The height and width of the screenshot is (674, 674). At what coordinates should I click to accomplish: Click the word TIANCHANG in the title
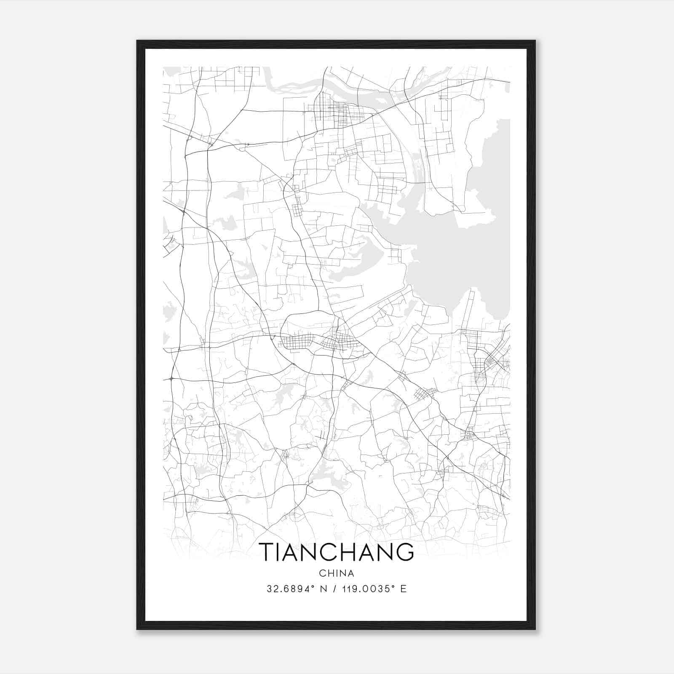(x=337, y=552)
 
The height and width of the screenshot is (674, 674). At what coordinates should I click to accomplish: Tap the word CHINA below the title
(x=337, y=573)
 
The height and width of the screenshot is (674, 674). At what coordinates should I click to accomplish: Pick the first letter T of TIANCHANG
(x=267, y=552)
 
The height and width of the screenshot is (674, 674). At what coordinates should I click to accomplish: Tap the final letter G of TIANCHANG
(x=405, y=552)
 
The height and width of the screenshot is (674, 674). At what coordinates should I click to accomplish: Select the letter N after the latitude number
(x=324, y=589)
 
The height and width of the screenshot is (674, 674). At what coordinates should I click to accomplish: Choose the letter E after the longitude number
(x=404, y=589)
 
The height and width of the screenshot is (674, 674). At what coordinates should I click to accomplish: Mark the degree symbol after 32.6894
(x=313, y=586)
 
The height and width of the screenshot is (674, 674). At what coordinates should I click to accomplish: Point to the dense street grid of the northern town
(x=337, y=112)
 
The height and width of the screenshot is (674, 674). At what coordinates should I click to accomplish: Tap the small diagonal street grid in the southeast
(x=424, y=394)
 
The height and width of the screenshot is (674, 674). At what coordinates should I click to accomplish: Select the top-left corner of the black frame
(x=138, y=41)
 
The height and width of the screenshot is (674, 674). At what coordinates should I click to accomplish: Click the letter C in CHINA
(x=322, y=573)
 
